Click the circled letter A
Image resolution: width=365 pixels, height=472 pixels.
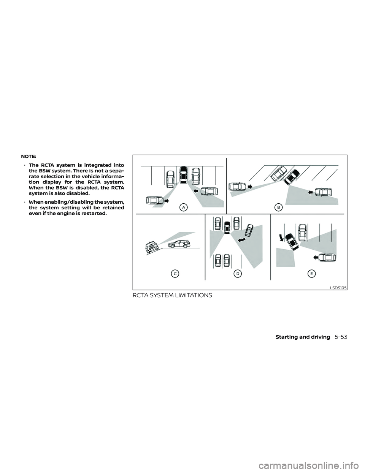184,207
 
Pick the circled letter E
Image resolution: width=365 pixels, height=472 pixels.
311,273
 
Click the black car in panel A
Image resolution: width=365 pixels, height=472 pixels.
184,176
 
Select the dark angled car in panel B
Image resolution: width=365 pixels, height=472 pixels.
292,177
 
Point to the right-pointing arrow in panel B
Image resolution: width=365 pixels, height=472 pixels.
250,187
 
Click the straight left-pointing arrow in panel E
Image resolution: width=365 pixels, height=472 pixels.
315,257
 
